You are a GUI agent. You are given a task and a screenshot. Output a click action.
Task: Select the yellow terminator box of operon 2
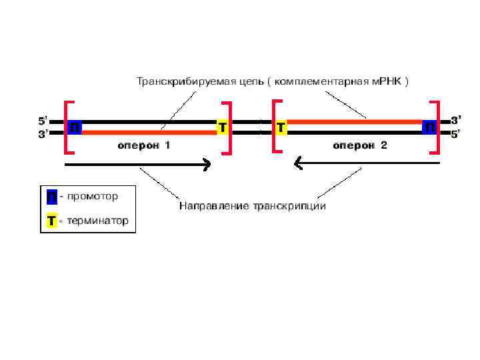281,127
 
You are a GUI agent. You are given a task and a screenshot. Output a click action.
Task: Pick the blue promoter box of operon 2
430,127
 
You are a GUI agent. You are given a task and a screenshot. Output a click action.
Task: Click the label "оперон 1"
144,145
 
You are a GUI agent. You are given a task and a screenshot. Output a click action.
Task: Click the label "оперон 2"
360,145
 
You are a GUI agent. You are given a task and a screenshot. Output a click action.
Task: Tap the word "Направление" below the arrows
213,206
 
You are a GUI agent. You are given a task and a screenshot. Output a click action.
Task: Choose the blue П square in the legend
51,198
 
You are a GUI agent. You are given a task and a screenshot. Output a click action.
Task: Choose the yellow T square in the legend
51,221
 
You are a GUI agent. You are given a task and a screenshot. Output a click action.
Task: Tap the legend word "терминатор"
97,220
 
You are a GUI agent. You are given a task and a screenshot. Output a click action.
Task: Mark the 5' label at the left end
41,121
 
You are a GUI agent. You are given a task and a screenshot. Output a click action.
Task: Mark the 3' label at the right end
455,121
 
